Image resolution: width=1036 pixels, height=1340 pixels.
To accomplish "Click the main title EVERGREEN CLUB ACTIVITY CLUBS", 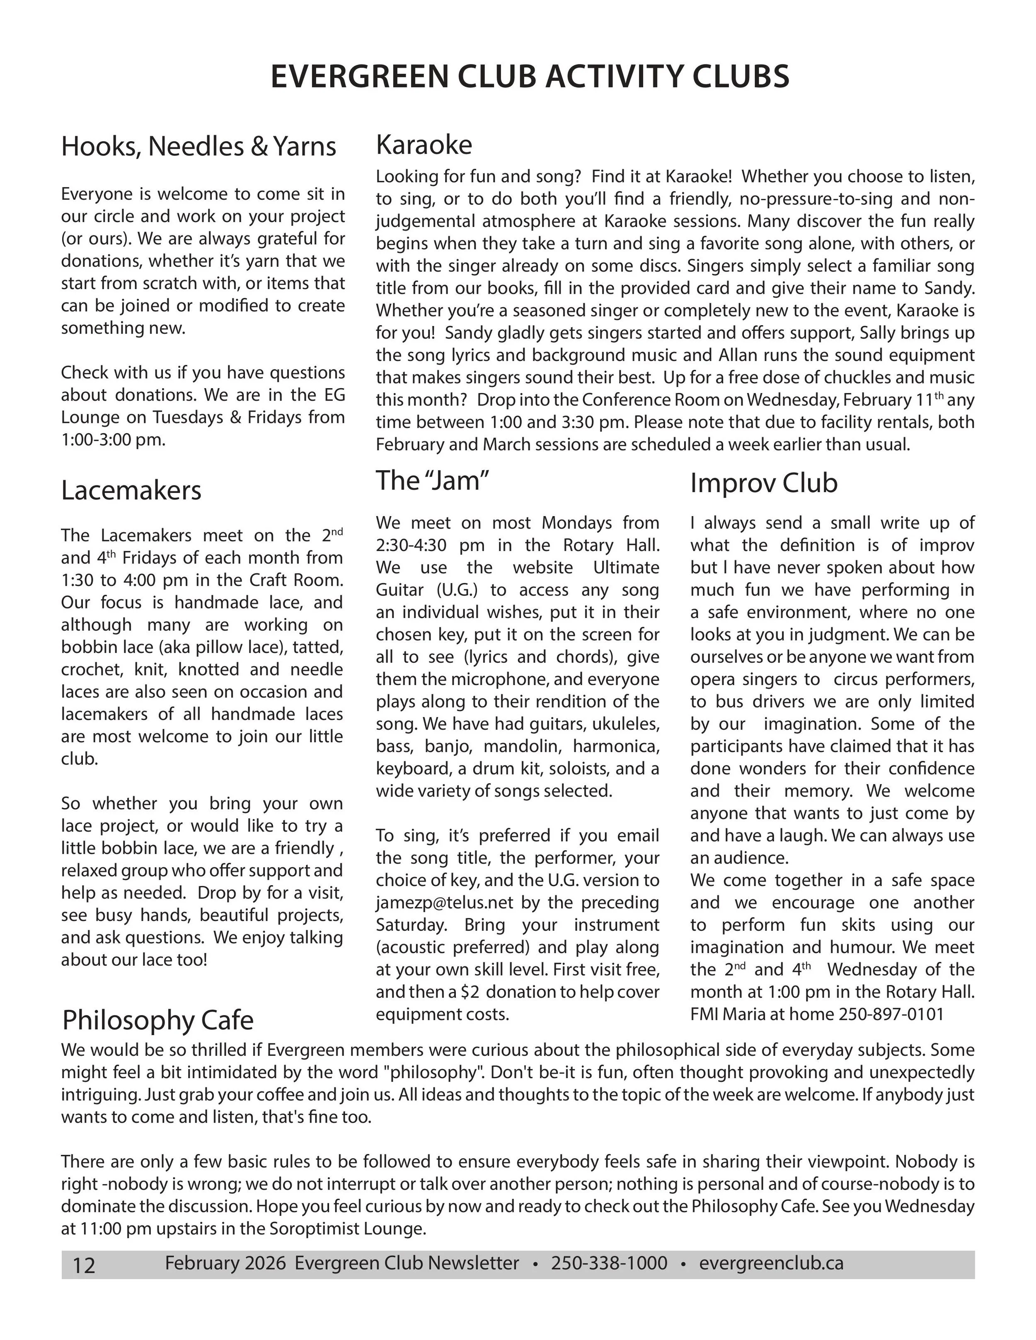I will (x=530, y=77).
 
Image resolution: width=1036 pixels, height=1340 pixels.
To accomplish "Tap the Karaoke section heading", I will (x=424, y=145).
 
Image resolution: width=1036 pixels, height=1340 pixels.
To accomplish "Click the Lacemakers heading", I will (x=131, y=490).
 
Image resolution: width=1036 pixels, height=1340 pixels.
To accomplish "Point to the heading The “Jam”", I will (x=432, y=480).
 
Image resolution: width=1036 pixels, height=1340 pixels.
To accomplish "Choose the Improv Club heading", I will (x=763, y=483).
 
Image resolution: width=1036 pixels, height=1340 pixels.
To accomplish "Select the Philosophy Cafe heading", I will (x=158, y=1020).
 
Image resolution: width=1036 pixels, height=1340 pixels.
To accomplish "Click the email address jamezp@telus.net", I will (x=436, y=903).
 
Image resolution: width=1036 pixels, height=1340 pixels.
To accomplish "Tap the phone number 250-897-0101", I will (x=891, y=1014).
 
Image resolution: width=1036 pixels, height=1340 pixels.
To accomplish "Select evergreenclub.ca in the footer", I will (x=771, y=1263).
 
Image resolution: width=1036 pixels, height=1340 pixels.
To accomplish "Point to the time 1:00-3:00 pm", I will (x=113, y=440).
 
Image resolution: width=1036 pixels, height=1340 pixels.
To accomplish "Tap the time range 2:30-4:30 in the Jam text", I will (x=414, y=546).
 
